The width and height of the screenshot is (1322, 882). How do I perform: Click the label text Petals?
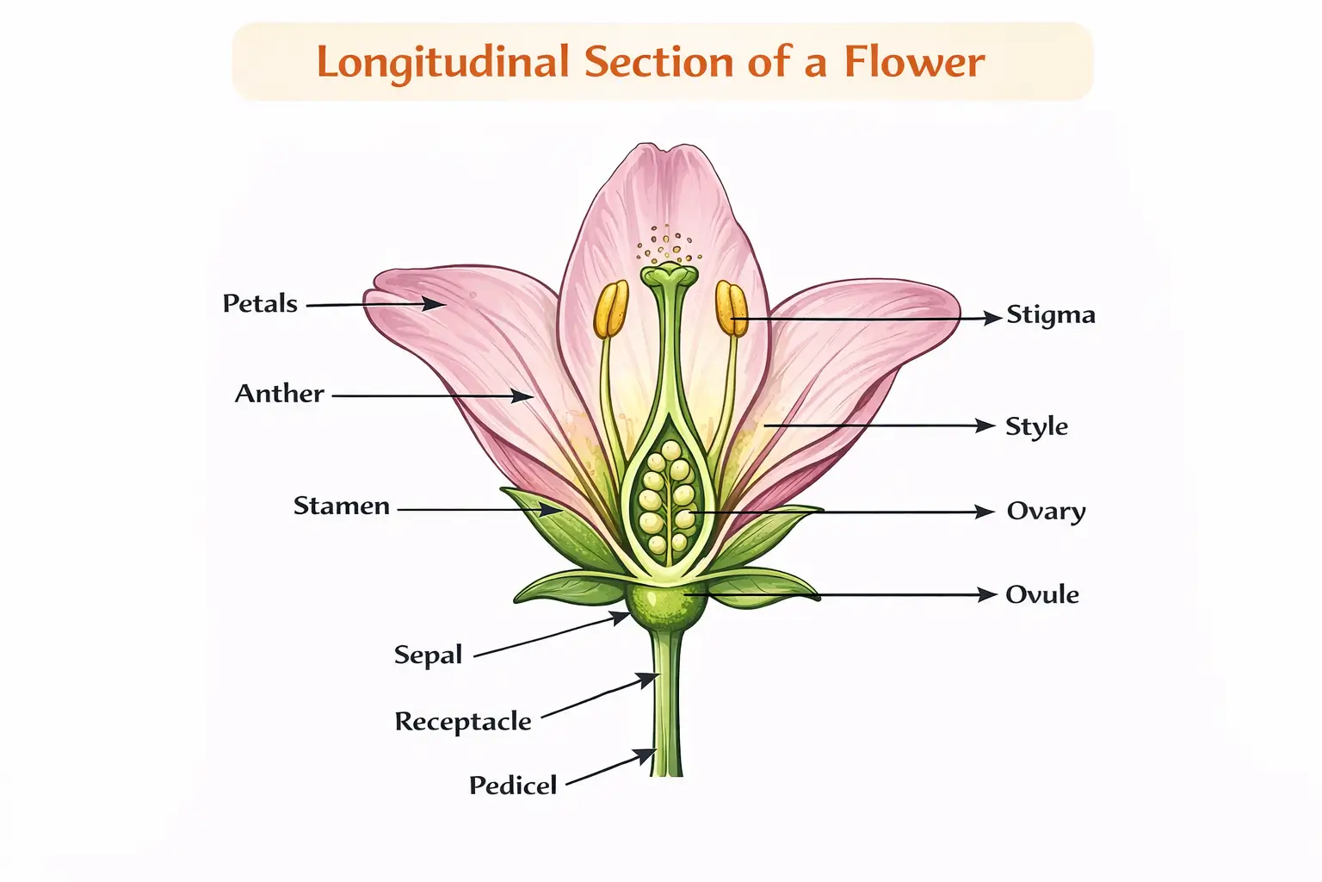[x=260, y=303]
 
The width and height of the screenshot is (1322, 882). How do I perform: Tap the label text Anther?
[x=280, y=394]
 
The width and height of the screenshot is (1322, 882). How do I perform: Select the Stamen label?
[x=342, y=506]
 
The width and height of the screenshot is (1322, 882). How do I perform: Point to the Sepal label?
[x=428, y=655]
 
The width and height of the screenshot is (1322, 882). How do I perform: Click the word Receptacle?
[x=463, y=721]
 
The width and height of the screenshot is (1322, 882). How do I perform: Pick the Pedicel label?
[x=513, y=785]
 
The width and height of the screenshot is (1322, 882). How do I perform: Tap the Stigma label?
[x=1051, y=315]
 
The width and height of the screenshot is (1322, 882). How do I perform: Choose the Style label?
[x=1036, y=426]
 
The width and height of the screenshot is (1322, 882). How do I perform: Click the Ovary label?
[x=1046, y=512]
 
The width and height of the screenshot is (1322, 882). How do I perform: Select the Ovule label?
[x=1042, y=594]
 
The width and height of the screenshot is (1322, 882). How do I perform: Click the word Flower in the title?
[x=913, y=62]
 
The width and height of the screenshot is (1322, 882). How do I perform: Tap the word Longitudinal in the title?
[x=443, y=62]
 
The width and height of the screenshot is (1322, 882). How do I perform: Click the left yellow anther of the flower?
[x=611, y=309]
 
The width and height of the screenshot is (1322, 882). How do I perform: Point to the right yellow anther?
[x=731, y=307]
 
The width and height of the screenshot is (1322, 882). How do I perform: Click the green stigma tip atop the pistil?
[x=670, y=276]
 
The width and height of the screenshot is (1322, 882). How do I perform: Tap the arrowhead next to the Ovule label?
[x=986, y=594]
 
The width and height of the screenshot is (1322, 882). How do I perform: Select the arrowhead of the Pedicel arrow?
[x=646, y=756]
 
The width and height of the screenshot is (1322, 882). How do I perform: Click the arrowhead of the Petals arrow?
[x=435, y=303]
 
